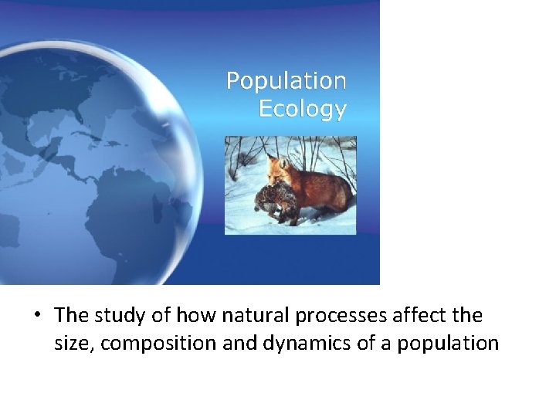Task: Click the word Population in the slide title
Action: tap(286, 81)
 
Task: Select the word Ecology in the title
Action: tap(302, 110)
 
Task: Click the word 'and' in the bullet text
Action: tap(229, 343)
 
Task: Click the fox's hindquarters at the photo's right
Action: tap(340, 189)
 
